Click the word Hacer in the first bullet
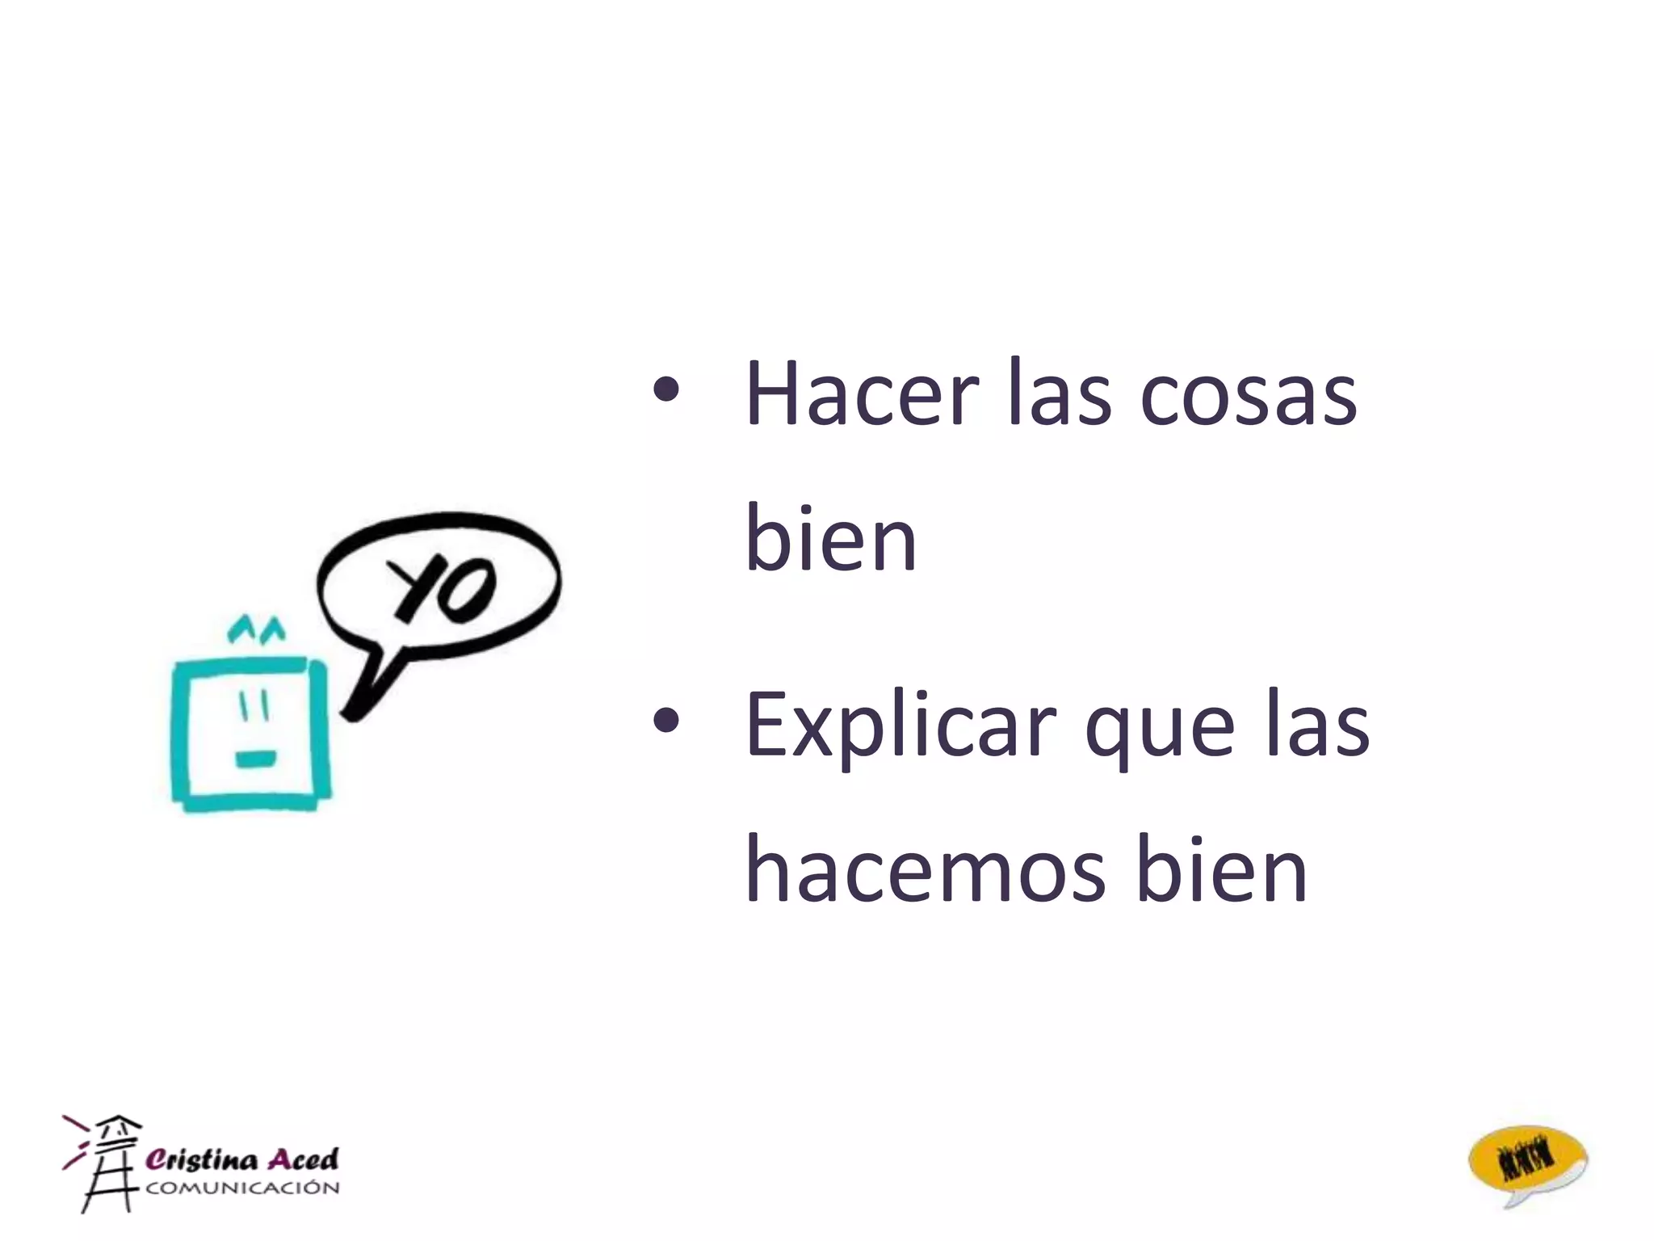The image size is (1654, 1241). point(862,394)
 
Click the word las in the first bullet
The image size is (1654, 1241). point(1060,394)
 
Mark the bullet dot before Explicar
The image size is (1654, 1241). point(666,721)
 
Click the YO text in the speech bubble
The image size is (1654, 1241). point(442,588)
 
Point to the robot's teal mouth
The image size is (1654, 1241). point(255,759)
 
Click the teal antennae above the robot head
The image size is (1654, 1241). point(256,628)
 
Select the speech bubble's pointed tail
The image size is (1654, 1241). point(368,688)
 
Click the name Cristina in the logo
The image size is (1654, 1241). point(202,1159)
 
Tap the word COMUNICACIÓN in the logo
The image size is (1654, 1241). point(242,1188)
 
